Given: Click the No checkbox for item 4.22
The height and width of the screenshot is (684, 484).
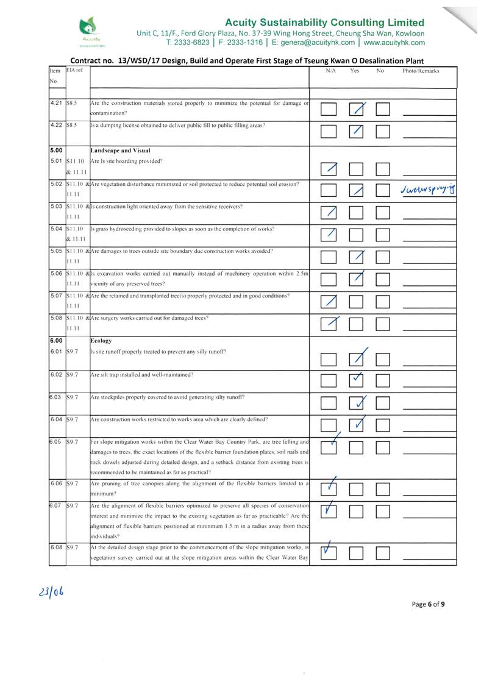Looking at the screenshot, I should coord(383,130).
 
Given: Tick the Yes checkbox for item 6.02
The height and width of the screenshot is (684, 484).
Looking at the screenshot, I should coord(356,381).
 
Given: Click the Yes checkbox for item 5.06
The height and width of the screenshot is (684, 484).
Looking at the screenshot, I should coord(356,279).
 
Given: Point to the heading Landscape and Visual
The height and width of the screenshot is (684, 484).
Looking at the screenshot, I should coord(120,150).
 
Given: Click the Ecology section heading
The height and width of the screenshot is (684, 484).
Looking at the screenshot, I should coord(101,341).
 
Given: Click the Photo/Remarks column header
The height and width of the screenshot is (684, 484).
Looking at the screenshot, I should coord(421,71).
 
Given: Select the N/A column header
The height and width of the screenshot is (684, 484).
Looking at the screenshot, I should coord(331,71).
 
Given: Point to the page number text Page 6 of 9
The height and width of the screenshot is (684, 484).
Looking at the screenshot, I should coord(428,604).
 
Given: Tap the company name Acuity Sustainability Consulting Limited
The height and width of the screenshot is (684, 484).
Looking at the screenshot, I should coord(324,23).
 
